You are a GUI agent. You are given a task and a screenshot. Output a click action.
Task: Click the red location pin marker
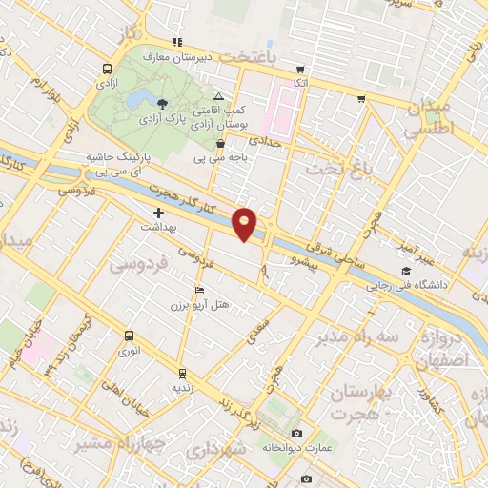coord(247,223)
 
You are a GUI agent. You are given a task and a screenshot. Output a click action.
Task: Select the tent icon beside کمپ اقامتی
coord(219,97)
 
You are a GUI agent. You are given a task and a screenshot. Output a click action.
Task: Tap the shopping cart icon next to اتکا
coord(301,70)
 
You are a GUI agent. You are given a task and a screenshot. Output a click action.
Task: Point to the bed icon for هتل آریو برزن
coord(198,290)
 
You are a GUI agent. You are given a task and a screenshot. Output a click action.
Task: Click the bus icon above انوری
coord(130,335)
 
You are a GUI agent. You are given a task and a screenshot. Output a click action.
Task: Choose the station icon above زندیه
coord(181,373)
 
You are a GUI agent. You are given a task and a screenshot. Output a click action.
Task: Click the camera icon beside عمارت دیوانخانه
coord(296,435)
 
